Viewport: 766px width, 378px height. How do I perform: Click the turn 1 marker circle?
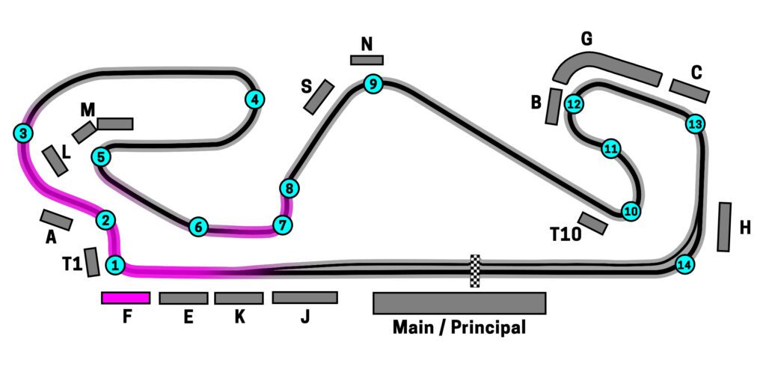115,264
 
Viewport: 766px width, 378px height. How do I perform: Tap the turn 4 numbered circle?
255,99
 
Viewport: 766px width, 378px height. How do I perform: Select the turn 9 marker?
373,84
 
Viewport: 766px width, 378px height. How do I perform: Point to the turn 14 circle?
684,264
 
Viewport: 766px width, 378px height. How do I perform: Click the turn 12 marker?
574,104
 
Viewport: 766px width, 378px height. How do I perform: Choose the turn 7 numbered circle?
282,225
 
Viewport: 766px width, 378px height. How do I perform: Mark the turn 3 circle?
24,134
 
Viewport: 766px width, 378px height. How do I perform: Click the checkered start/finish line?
474,271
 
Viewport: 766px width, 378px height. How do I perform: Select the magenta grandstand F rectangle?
126,298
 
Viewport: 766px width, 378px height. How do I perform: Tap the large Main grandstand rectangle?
459,303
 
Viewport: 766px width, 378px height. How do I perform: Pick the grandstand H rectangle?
724,227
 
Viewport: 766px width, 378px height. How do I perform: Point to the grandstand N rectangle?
367,60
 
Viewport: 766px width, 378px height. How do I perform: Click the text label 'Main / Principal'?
459,327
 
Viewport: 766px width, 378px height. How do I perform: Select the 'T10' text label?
566,234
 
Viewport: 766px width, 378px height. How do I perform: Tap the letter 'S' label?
307,87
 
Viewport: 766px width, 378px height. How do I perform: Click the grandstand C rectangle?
689,91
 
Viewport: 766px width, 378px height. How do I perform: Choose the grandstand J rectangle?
304,298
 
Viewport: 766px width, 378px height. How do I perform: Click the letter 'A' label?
51,238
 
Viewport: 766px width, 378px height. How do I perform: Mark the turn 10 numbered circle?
631,212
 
